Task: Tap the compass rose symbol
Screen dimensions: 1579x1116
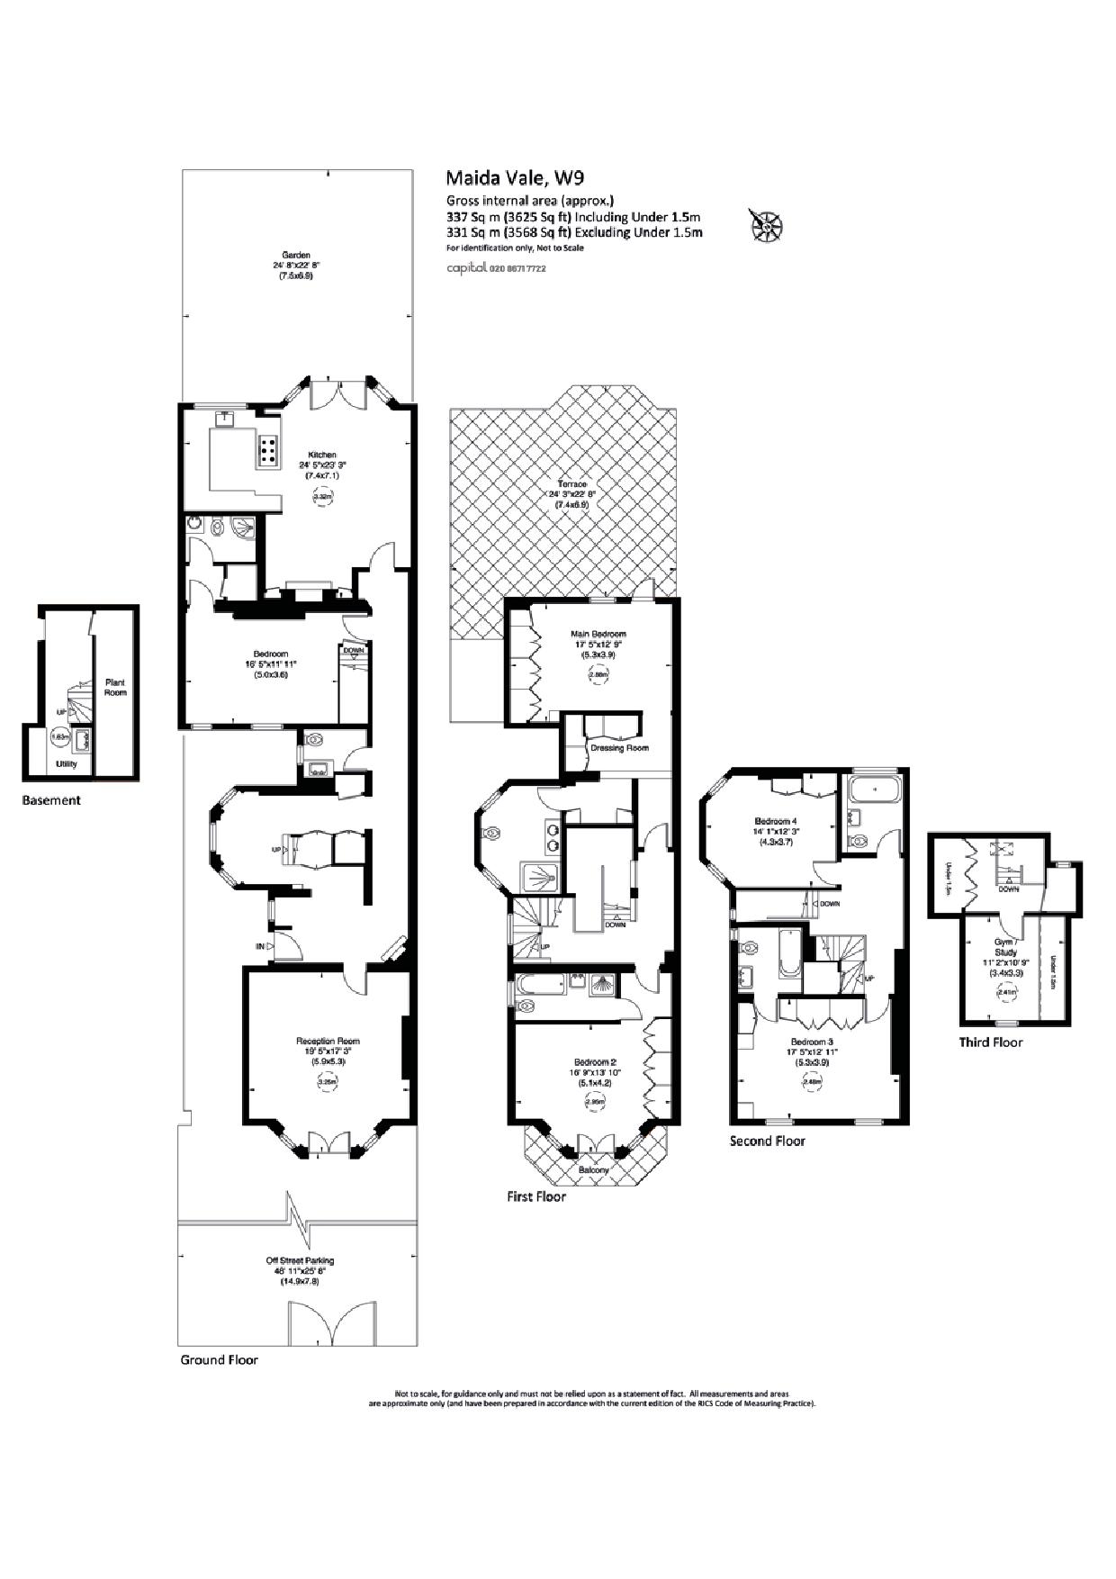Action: click(766, 225)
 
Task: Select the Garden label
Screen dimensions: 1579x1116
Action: click(296, 255)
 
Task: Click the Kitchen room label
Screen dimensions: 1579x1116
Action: click(322, 455)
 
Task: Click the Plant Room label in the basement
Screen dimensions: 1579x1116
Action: click(115, 687)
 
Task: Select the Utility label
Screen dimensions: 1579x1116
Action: click(67, 764)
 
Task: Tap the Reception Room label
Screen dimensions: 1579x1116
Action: click(328, 1041)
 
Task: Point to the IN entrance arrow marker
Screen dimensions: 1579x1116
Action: click(261, 946)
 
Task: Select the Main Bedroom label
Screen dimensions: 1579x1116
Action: click(598, 634)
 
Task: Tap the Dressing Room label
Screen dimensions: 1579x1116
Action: click(619, 748)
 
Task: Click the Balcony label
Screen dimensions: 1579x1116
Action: click(593, 1170)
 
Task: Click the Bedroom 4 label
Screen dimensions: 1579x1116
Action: click(775, 821)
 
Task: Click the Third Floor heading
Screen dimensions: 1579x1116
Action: click(990, 1042)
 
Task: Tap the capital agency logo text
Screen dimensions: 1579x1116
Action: click(466, 268)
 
